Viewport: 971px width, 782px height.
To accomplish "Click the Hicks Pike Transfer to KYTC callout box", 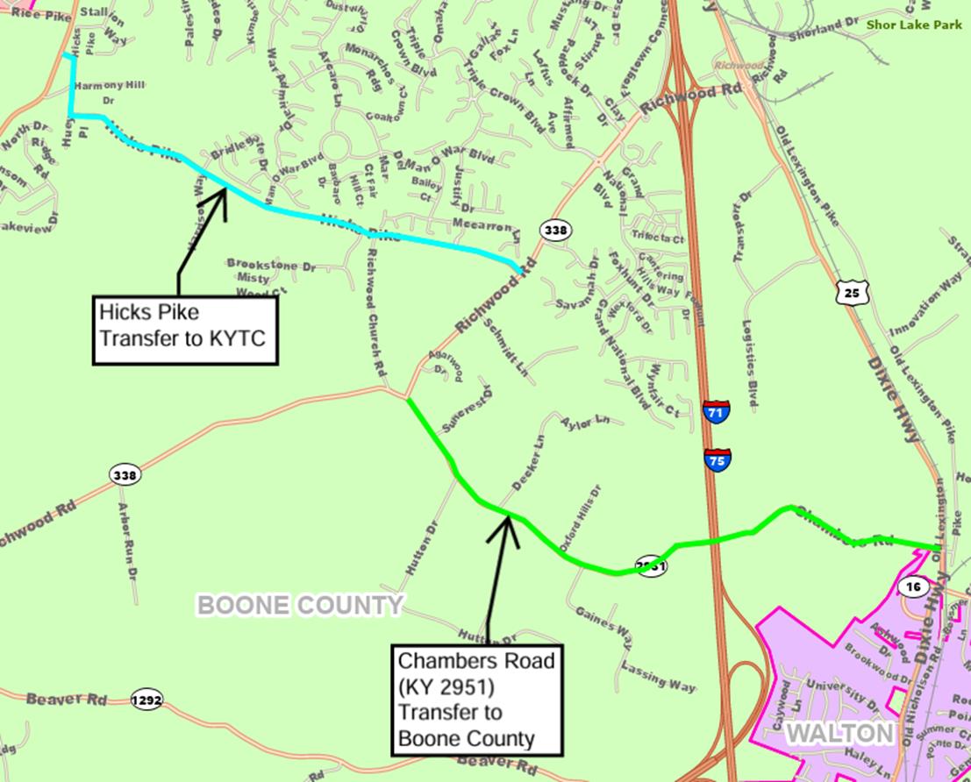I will coord(185,330).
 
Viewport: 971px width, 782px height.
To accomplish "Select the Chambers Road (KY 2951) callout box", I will coord(477,699).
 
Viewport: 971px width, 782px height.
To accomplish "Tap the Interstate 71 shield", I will coord(716,411).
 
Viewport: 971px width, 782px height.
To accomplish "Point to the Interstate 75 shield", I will coord(717,459).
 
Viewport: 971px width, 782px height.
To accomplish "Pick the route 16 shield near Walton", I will coord(914,586).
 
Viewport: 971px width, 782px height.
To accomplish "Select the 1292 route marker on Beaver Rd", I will coord(146,700).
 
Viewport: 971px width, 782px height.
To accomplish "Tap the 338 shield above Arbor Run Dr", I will coord(125,475).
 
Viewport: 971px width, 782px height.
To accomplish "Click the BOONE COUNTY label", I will coord(299,605).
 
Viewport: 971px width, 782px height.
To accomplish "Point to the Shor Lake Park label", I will coord(913,25).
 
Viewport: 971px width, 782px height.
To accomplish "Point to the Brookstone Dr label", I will coord(270,263).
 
